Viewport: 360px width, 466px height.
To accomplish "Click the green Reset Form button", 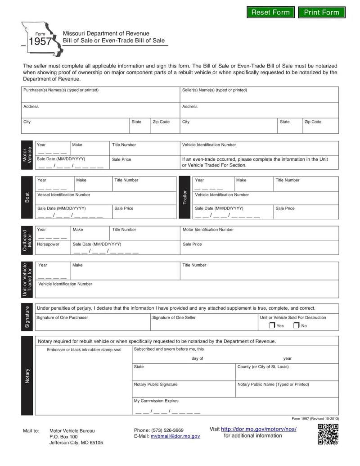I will tap(270, 12).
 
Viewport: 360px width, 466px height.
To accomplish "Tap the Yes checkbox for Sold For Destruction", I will tap(272, 326).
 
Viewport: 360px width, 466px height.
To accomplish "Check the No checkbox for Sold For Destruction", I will tap(296, 326).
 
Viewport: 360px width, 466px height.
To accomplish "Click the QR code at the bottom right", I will tap(328, 434).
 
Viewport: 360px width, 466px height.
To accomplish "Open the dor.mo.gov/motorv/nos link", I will tap(259, 429).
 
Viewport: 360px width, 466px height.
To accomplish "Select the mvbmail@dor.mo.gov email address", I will tap(175, 436).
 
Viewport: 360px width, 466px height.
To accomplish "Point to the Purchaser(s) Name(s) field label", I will tap(61, 90).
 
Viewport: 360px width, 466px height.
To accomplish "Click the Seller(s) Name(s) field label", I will tap(214, 90).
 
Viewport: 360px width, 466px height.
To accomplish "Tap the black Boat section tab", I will tap(27, 197).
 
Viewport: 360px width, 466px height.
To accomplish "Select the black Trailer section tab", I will tap(184, 197).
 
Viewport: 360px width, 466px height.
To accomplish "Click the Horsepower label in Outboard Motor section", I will tap(48, 244).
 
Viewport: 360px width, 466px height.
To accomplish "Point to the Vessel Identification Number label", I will tap(63, 195).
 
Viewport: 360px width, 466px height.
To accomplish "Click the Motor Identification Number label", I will tap(208, 230).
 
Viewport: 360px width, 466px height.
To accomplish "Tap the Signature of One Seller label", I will tap(174, 317).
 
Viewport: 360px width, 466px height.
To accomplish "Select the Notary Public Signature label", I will tap(156, 385).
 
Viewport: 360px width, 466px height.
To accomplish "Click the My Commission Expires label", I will tap(156, 401).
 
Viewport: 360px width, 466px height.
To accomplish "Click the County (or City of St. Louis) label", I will tap(263, 366).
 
